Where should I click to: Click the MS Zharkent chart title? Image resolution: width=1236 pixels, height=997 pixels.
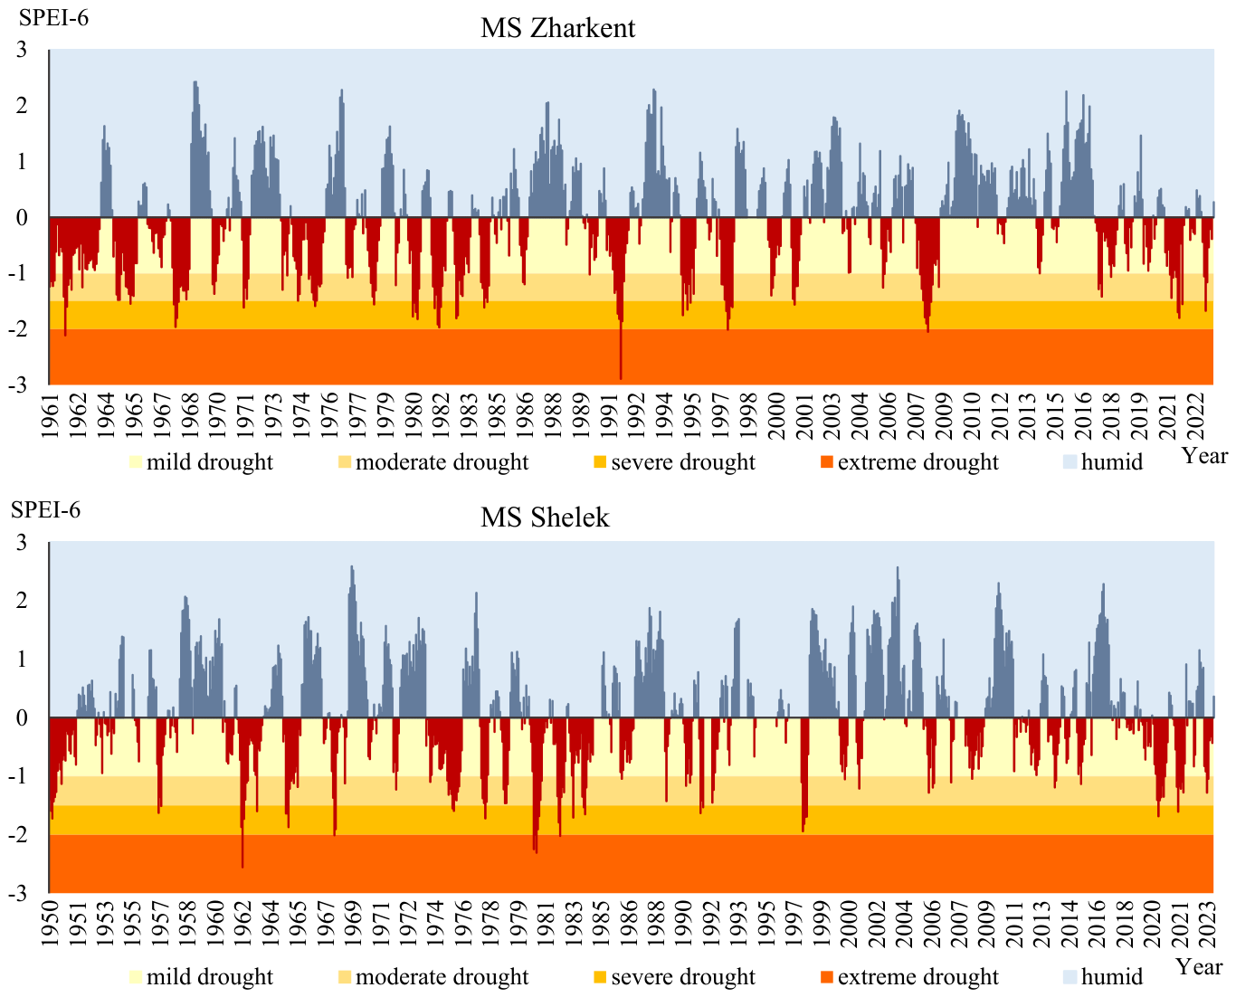[x=557, y=28]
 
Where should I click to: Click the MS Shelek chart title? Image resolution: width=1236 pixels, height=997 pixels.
[x=545, y=517]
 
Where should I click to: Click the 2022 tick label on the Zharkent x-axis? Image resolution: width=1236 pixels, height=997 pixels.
[x=1196, y=416]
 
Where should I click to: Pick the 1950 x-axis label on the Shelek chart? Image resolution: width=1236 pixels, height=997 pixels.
[x=50, y=924]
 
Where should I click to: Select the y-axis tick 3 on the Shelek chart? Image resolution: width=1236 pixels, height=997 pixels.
[x=22, y=542]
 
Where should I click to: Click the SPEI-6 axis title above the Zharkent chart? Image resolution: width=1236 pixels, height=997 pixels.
[x=53, y=18]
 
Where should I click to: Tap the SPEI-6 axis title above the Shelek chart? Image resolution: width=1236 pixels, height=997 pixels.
[x=45, y=509]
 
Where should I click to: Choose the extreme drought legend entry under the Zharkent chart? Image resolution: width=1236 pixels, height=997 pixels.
[x=909, y=461]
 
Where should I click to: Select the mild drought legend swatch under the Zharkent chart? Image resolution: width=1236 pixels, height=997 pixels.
[x=136, y=462]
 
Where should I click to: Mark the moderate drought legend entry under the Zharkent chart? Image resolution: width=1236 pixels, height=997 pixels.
[x=433, y=461]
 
